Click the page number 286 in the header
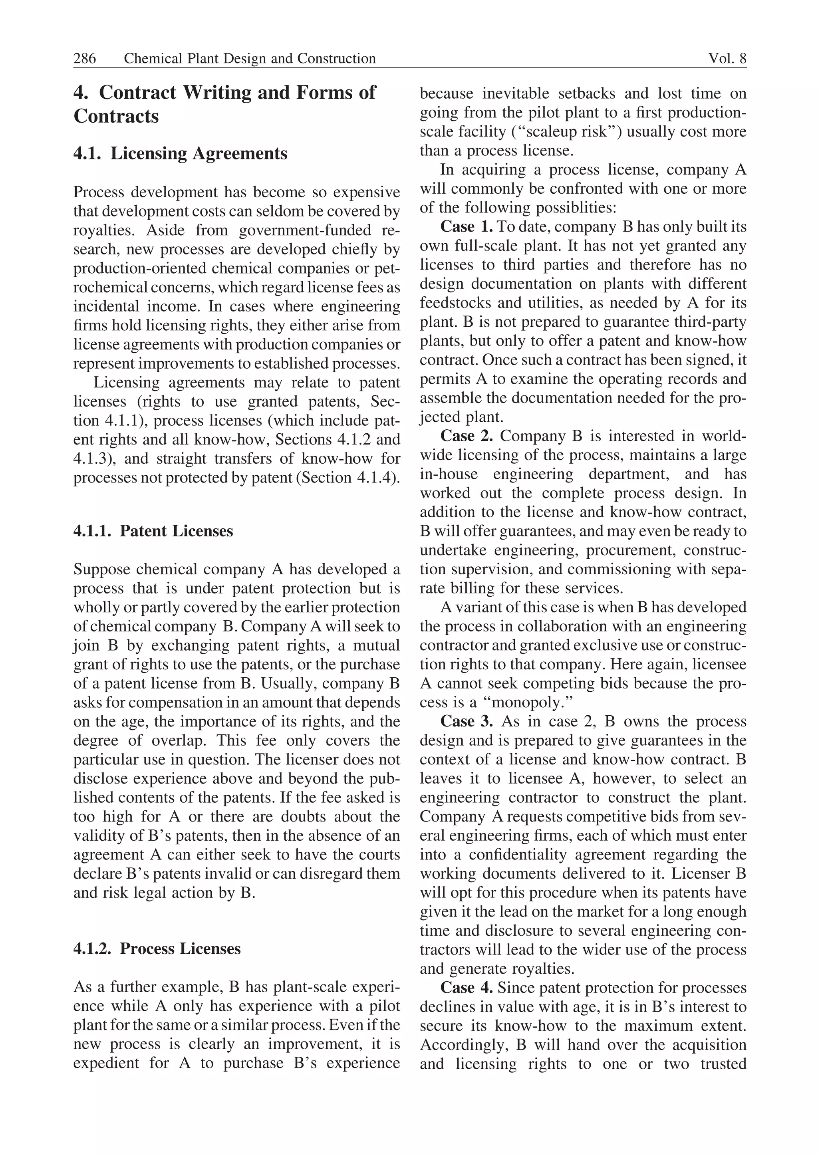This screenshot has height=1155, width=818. click(x=85, y=58)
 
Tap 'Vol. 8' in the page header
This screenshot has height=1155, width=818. click(x=727, y=58)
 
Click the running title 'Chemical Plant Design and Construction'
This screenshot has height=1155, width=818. click(x=250, y=58)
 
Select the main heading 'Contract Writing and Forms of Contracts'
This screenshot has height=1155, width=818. click(x=224, y=104)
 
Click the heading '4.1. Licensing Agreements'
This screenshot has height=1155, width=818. click(x=180, y=153)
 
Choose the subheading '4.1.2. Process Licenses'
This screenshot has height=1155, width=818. click(x=157, y=949)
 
